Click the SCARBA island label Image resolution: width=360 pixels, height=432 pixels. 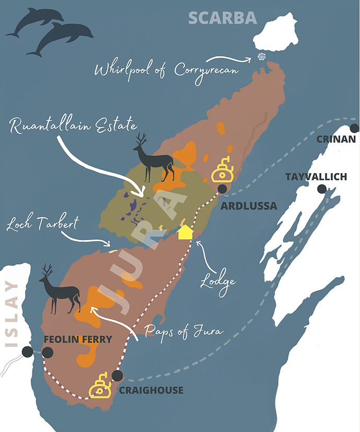point(223,17)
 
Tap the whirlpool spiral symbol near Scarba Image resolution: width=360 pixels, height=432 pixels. point(262,58)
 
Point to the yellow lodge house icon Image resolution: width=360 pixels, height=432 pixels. point(184,232)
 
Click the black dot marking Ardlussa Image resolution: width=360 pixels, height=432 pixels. point(223,189)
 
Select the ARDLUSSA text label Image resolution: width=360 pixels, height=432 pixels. point(249,206)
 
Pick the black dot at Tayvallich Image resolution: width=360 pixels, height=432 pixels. point(322,189)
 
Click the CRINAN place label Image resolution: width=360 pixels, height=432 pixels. point(336,139)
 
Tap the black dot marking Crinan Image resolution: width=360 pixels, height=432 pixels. point(355,128)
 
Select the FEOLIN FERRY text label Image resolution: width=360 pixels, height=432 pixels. point(77,339)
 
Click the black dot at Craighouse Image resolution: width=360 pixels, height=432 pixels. point(118,376)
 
